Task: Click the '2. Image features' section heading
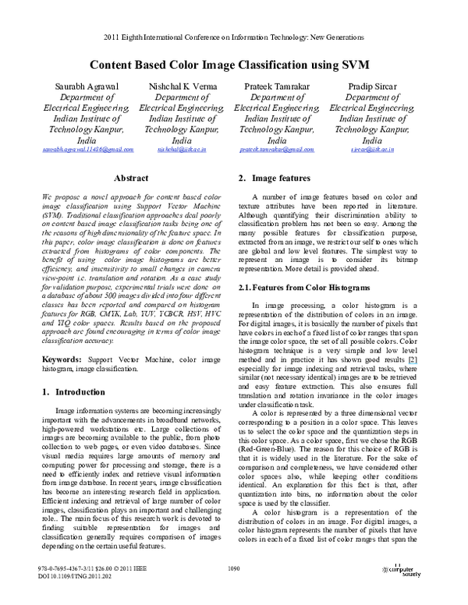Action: tap(275, 179)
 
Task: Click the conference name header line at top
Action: tap(234, 37)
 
